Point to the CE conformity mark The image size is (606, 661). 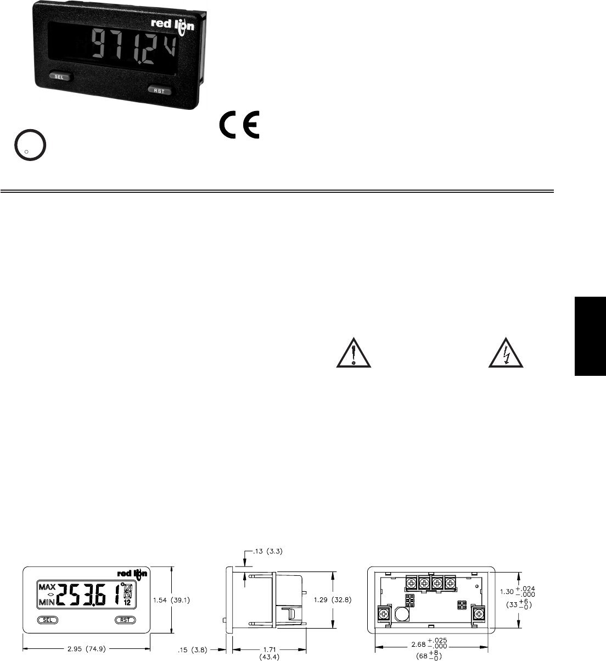(x=240, y=124)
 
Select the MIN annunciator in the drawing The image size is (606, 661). (x=47, y=603)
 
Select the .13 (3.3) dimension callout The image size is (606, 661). (x=268, y=551)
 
